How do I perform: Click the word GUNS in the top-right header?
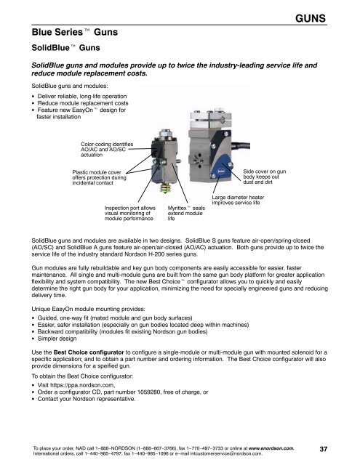311,18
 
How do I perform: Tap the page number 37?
323,449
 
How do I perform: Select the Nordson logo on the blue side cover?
220,171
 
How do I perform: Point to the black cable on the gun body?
239,145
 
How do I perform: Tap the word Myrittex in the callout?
177,209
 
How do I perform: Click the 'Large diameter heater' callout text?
238,198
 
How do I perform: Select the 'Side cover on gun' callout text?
265,171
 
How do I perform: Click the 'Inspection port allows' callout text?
129,209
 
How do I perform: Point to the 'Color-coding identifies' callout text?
107,145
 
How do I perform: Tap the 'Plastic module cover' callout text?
97,172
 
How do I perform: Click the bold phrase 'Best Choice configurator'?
89,352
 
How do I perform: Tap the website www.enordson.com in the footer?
271,448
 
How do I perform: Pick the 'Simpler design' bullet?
57,339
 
